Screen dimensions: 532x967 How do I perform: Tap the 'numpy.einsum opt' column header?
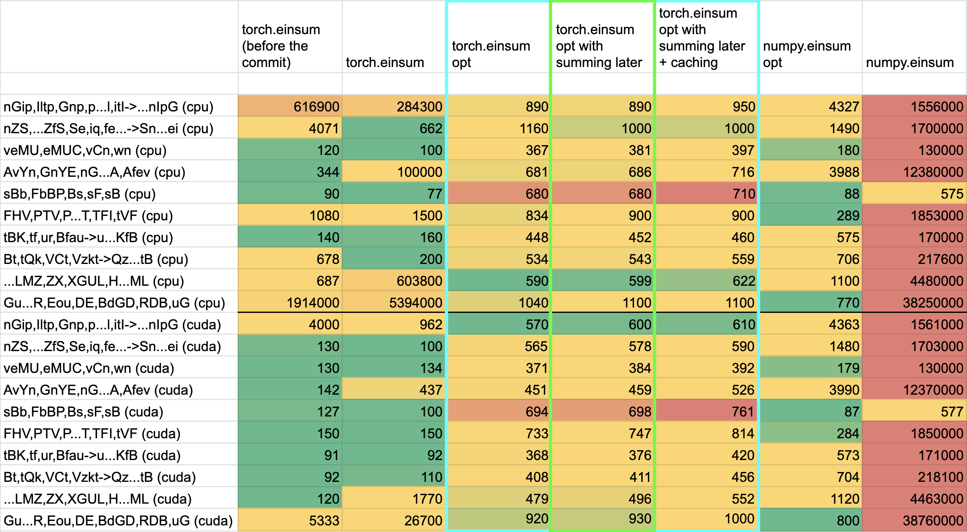tap(807, 54)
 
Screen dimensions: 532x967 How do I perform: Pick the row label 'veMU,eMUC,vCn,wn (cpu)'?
tap(85, 150)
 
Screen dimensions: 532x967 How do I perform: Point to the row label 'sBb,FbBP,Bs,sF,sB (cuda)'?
tap(83, 412)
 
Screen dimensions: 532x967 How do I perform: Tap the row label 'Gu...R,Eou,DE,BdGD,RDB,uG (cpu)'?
tap(114, 303)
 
